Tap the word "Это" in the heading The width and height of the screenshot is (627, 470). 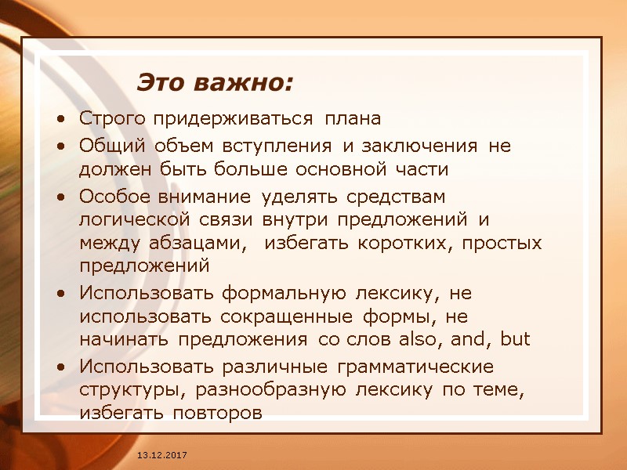(x=162, y=81)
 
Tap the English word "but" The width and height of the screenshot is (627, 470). (x=516, y=340)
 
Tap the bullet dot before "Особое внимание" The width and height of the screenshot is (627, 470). (x=61, y=195)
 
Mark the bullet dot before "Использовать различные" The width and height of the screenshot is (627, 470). (x=61, y=367)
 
